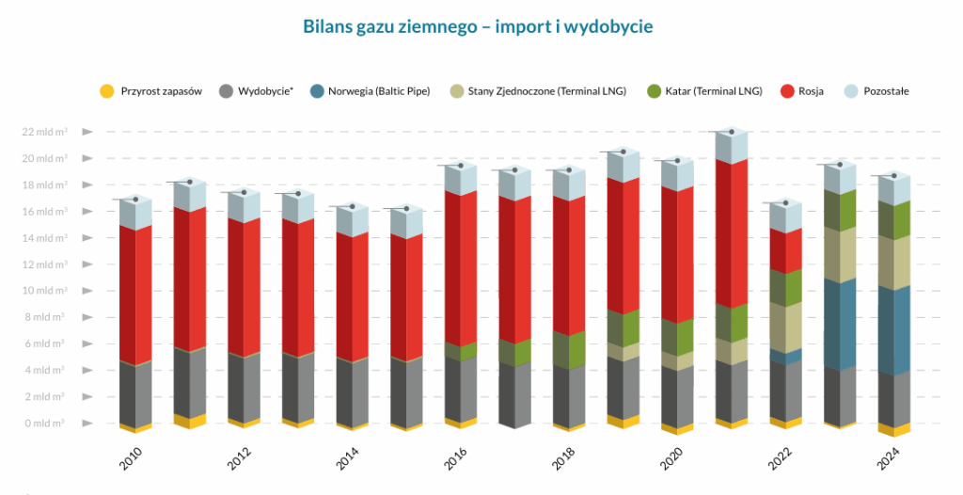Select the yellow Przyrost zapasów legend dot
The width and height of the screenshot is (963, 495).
106,91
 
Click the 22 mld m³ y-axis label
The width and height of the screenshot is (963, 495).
45,132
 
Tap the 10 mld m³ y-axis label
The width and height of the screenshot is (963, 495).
45,291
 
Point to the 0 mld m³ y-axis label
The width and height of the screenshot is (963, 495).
45,423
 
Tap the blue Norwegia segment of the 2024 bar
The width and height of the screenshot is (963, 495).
893,329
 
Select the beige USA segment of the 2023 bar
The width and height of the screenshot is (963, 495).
840,254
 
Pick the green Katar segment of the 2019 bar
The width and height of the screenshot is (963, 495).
623,327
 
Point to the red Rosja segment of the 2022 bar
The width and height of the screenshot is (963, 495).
785,249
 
